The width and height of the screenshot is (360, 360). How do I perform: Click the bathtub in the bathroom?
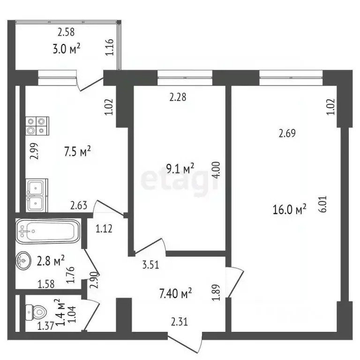pyautogui.click(x=49, y=232)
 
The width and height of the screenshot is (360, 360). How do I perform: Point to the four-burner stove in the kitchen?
pyautogui.click(x=37, y=126)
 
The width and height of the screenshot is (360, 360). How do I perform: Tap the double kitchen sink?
pyautogui.click(x=36, y=195)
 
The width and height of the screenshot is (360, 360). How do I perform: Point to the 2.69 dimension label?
pyautogui.click(x=287, y=134)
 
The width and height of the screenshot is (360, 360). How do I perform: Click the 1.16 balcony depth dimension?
pyautogui.click(x=110, y=48)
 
